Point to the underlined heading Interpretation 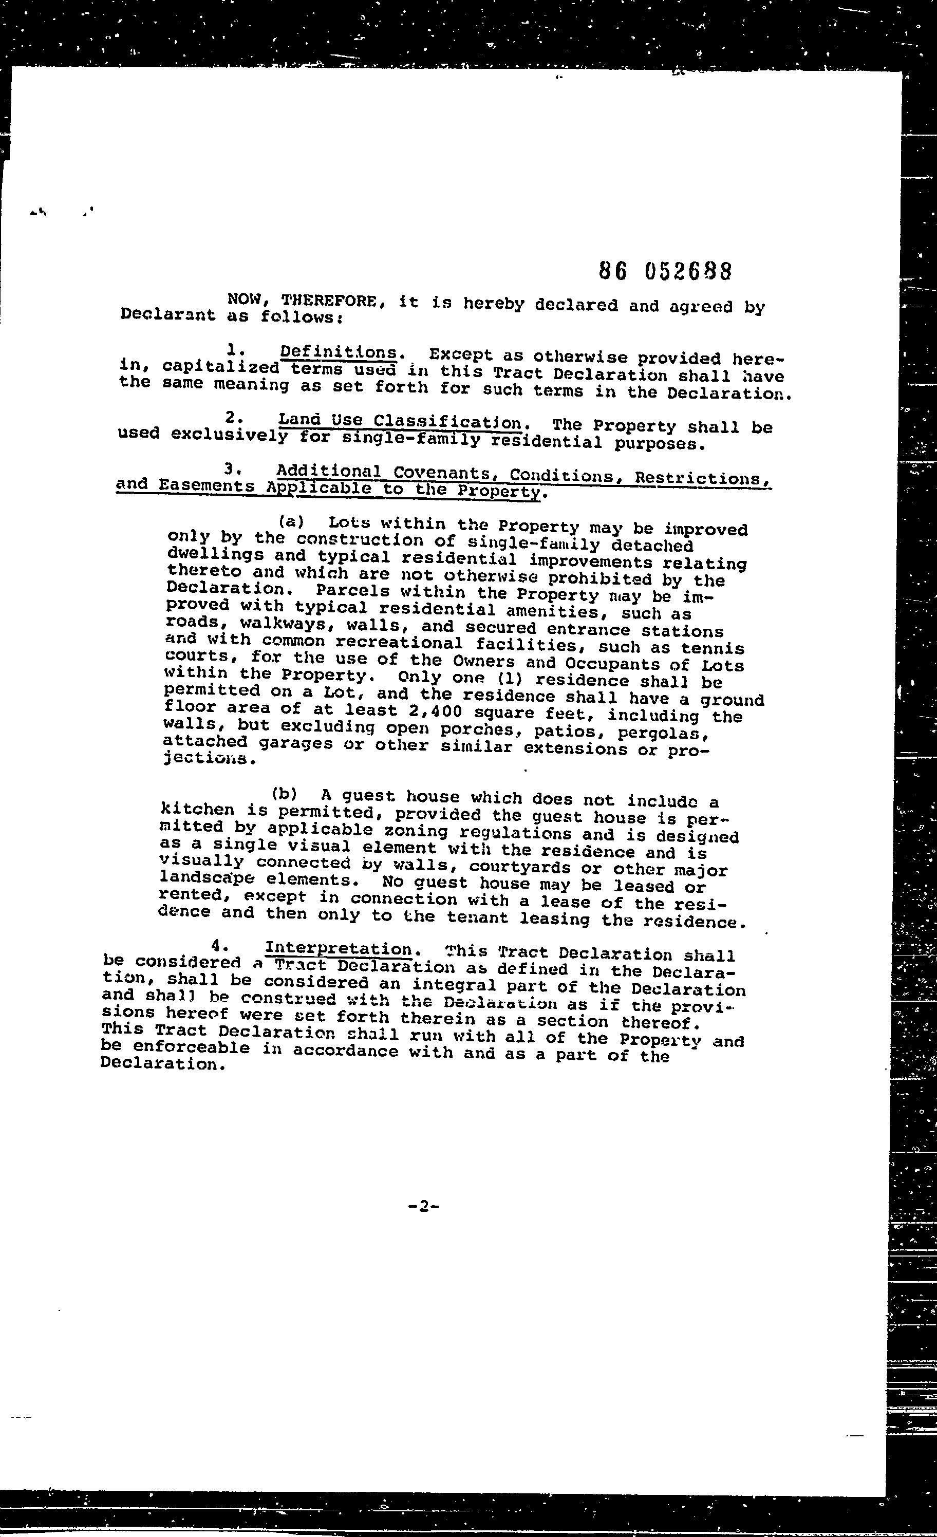coord(338,949)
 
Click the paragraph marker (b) coord(284,794)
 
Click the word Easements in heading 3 coord(207,485)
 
